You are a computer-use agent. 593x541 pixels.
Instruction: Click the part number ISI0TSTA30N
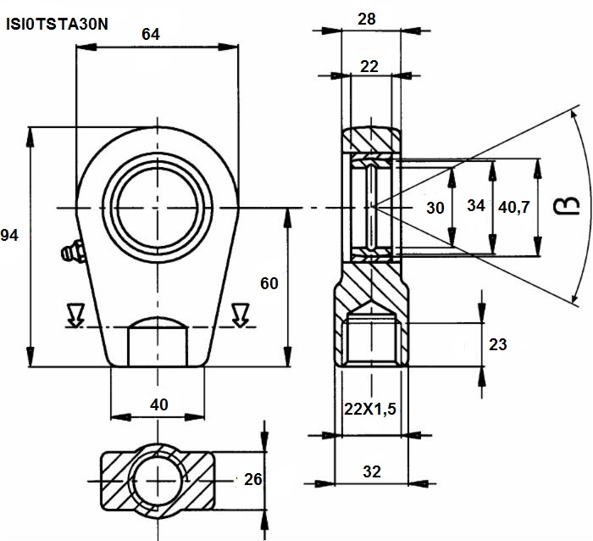click(57, 25)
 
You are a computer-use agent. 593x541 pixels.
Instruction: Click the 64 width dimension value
click(151, 35)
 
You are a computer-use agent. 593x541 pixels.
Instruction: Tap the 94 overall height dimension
click(9, 236)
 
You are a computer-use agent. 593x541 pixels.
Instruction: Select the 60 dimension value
click(269, 283)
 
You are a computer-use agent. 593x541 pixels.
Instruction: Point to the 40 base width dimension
click(159, 404)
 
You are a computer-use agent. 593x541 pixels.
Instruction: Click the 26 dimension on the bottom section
click(253, 479)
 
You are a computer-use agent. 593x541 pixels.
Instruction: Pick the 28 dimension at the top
click(367, 19)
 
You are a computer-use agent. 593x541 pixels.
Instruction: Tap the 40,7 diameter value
click(514, 207)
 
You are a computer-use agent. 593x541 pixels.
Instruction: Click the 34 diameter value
click(476, 205)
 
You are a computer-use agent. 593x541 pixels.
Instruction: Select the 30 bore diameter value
click(435, 208)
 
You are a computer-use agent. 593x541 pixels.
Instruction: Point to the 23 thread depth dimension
click(498, 344)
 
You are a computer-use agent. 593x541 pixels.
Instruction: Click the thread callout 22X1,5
click(370, 409)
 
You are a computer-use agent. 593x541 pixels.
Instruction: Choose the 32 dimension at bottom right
click(372, 471)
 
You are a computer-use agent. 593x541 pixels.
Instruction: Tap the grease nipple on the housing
click(73, 251)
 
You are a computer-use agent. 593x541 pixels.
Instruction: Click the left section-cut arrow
click(75, 315)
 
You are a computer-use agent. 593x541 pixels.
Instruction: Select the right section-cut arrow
click(241, 315)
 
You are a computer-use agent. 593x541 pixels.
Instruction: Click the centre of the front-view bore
click(158, 208)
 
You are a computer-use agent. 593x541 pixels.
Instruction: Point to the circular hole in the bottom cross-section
click(158, 481)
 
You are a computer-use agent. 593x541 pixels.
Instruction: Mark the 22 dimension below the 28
click(369, 67)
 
